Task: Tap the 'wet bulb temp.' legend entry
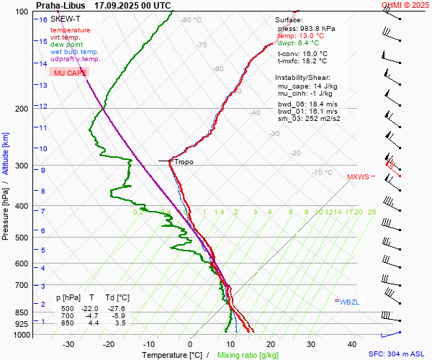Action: (74, 52)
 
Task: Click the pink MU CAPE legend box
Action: (70, 73)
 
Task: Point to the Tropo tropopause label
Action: (184, 162)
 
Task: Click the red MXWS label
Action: (358, 176)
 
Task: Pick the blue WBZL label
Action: (348, 301)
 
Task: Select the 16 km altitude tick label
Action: (43, 19)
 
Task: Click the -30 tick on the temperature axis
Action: (68, 344)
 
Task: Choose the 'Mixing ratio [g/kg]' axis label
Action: (249, 355)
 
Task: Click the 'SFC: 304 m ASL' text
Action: (398, 354)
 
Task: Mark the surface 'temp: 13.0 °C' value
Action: (301, 35)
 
